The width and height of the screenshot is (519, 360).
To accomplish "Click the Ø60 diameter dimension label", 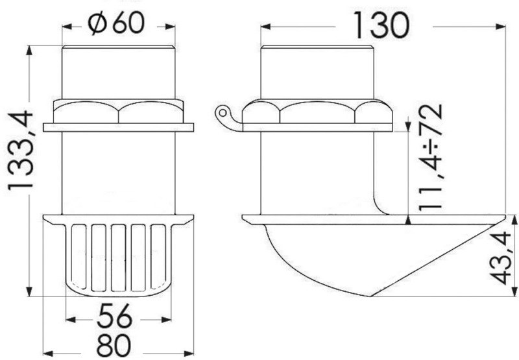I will (118, 24).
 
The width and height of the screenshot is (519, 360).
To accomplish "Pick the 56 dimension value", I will (117, 318).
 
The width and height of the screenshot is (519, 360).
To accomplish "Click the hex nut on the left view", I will (118, 112).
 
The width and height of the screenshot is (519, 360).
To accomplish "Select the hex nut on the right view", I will (317, 112).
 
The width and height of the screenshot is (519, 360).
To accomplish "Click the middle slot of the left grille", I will (118, 256).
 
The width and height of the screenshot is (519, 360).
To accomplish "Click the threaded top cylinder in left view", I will (118, 71).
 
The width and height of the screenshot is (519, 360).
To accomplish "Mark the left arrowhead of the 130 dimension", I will (264, 27).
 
